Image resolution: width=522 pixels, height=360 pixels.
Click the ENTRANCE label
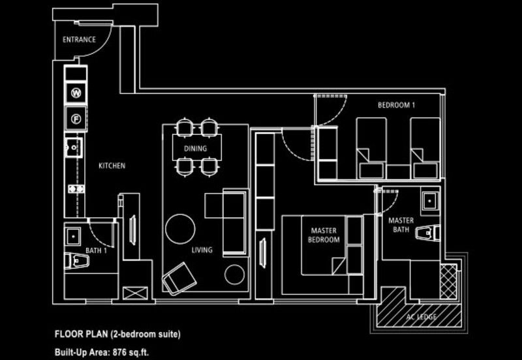pyautogui.click(x=79, y=40)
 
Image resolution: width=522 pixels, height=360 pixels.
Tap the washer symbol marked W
pyautogui.click(x=76, y=93)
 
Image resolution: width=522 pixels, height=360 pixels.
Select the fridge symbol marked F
pyautogui.click(x=76, y=119)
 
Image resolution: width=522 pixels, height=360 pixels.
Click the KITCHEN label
pyautogui.click(x=112, y=166)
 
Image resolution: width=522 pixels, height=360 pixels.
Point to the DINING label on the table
pyautogui.click(x=195, y=149)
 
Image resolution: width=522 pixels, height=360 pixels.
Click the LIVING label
pyautogui.click(x=202, y=250)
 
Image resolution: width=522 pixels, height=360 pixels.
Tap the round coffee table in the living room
pyautogui.click(x=181, y=229)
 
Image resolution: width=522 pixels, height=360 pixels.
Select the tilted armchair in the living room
pyautogui.click(x=179, y=278)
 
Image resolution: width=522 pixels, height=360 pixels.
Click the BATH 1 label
pyautogui.click(x=95, y=250)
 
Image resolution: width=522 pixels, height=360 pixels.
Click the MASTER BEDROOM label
pyautogui.click(x=324, y=235)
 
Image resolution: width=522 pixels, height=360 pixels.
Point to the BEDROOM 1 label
pyautogui.click(x=396, y=105)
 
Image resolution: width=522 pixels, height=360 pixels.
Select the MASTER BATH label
pyautogui.click(x=401, y=225)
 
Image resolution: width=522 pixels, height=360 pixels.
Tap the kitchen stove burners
pyautogui.click(x=76, y=189)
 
